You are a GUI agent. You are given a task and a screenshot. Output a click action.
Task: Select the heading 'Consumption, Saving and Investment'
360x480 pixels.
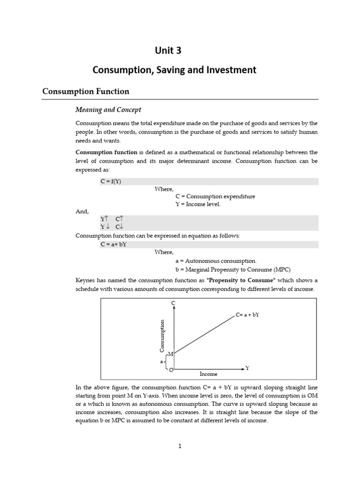click(x=174, y=70)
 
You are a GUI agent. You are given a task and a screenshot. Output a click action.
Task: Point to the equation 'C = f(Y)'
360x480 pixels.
click(x=111, y=182)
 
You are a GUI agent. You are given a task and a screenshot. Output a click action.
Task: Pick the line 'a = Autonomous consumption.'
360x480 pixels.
click(x=216, y=261)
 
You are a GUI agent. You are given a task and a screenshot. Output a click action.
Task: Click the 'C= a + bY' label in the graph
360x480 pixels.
click(x=247, y=315)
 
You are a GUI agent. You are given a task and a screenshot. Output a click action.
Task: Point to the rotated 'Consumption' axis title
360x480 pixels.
click(x=162, y=336)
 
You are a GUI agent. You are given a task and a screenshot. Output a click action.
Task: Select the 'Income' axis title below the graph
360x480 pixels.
click(x=209, y=375)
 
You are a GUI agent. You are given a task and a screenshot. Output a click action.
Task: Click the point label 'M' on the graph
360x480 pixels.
click(x=170, y=353)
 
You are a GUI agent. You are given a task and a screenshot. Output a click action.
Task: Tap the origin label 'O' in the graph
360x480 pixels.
click(x=171, y=370)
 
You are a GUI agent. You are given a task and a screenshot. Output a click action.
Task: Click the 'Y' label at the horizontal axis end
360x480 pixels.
click(x=247, y=368)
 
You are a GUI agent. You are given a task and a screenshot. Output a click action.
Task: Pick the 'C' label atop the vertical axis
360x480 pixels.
click(x=173, y=304)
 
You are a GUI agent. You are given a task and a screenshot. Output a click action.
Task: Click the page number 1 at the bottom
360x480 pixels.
click(x=180, y=446)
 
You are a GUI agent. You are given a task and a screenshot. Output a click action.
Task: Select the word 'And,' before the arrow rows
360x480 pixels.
click(x=82, y=211)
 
